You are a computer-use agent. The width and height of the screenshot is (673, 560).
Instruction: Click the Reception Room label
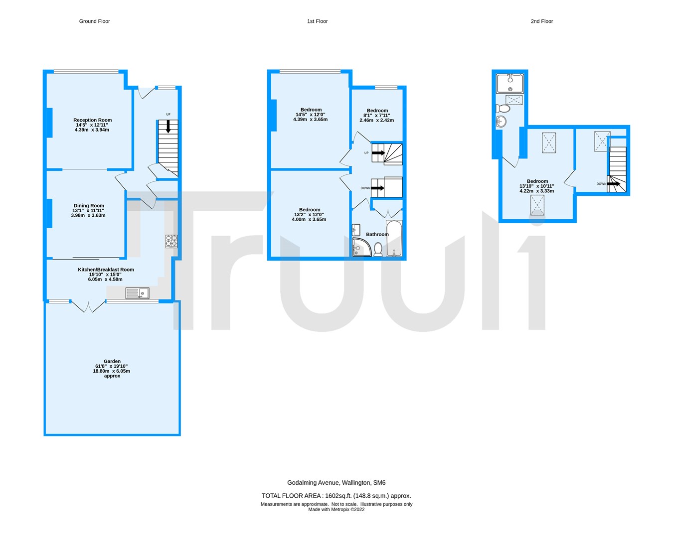[92, 125]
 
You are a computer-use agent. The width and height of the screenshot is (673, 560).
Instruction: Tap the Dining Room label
[89, 210]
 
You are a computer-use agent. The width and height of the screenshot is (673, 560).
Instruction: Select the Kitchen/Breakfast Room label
[106, 275]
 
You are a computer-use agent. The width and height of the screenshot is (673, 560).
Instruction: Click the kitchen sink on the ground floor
[137, 293]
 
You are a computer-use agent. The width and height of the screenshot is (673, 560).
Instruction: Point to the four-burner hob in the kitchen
[171, 241]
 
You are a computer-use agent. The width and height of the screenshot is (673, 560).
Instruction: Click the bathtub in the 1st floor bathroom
[394, 239]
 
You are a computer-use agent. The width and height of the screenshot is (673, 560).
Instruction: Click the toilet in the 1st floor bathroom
[378, 249]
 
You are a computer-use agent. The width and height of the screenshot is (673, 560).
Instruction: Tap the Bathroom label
[377, 234]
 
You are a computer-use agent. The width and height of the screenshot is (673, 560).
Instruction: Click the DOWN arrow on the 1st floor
[378, 188]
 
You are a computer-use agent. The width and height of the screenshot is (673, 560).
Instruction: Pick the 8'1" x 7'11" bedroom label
[377, 116]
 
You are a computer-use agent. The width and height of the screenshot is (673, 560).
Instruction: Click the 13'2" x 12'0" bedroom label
[310, 215]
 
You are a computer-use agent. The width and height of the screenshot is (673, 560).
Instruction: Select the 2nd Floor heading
[541, 21]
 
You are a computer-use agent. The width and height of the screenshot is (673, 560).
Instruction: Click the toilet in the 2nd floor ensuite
[504, 108]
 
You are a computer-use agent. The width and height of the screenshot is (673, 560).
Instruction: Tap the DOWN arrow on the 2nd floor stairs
[614, 184]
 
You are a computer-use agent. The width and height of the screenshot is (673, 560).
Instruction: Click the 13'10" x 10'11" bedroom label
[537, 186]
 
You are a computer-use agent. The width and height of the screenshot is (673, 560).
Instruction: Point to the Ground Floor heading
[94, 21]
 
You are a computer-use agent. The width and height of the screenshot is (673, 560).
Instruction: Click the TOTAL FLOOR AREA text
[336, 496]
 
